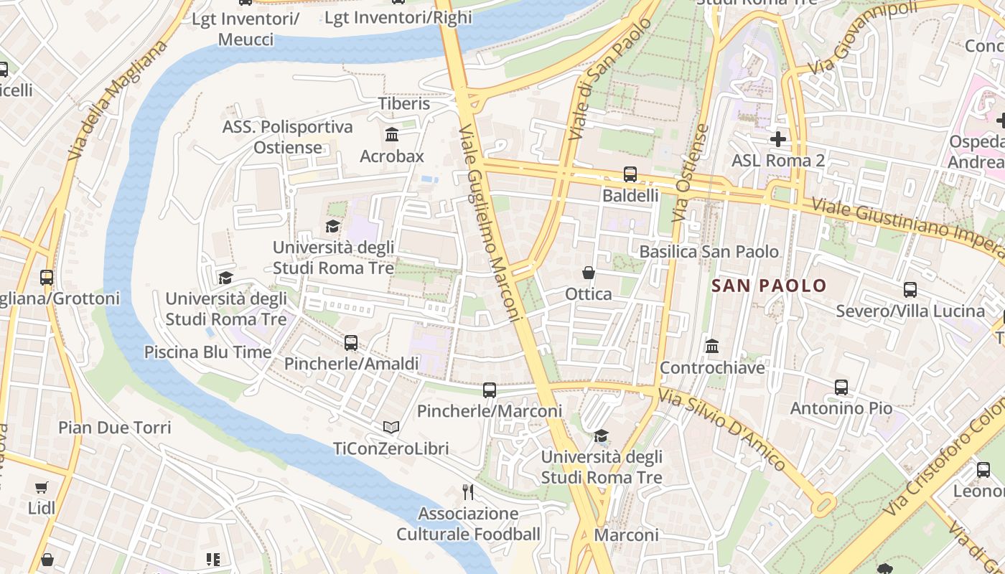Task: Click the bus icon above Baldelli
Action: click(x=630, y=174)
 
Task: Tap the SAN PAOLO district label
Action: click(x=769, y=286)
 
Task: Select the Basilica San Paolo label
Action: click(x=709, y=252)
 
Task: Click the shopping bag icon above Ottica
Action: click(x=589, y=273)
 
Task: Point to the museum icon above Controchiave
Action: click(x=712, y=347)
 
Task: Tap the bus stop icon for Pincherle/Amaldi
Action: click(x=351, y=343)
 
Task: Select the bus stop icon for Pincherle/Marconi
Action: click(x=490, y=390)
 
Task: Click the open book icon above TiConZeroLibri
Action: click(x=391, y=428)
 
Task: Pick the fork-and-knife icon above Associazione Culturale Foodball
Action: click(x=468, y=492)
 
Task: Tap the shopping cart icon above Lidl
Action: click(x=42, y=487)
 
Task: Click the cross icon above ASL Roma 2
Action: click(x=778, y=138)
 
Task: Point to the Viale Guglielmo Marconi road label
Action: click(x=490, y=222)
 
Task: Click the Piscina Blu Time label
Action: click(x=208, y=352)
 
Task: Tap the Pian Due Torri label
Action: click(x=115, y=428)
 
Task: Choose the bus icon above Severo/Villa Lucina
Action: click(x=910, y=290)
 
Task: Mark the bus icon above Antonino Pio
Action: click(x=841, y=387)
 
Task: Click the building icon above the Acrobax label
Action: click(x=392, y=135)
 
